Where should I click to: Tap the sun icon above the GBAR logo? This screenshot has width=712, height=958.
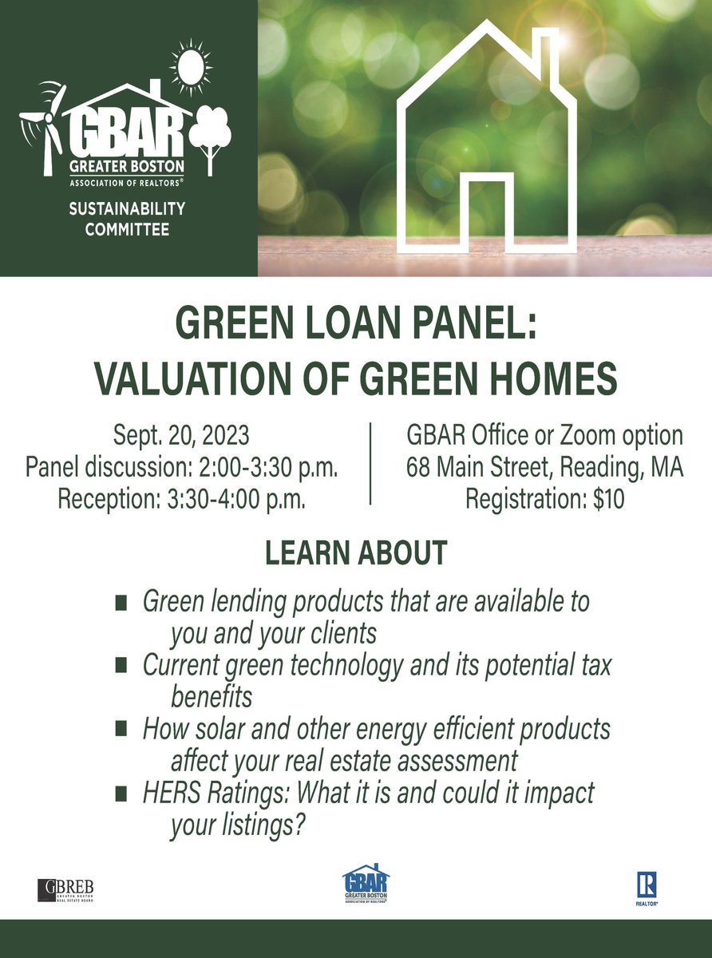coord(192,67)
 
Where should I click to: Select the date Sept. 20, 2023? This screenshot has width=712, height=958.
coord(182,437)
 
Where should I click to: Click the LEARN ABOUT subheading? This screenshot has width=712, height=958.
coord(355,553)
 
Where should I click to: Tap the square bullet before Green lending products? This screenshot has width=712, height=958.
coord(121,602)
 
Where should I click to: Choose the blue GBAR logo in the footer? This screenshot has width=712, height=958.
coord(366,885)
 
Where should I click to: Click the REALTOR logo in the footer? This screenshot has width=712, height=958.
coord(646,889)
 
